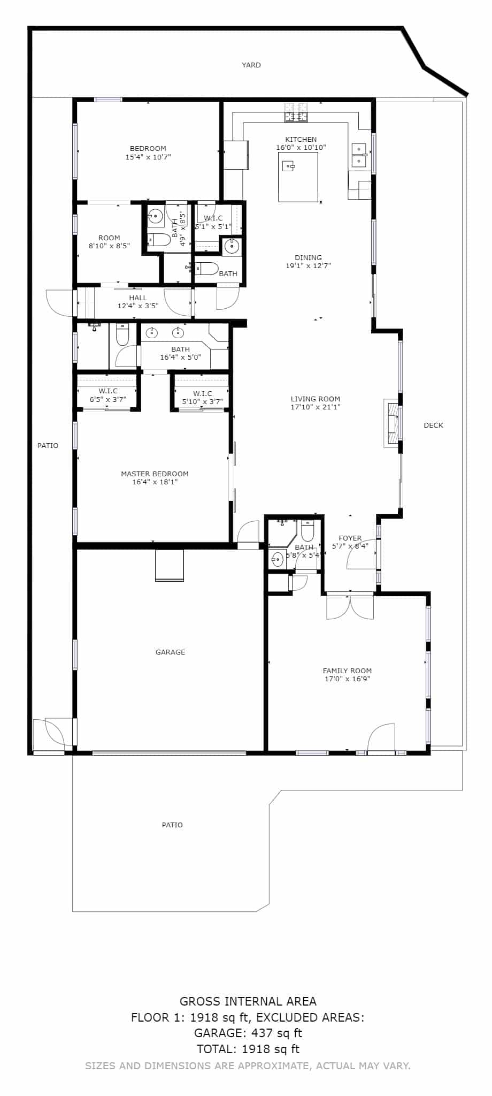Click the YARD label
click(251, 65)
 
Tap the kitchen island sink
click(289, 166)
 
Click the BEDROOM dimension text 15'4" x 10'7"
click(148, 157)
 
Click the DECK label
click(433, 425)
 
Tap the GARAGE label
click(170, 652)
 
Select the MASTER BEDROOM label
click(155, 474)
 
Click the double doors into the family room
click(350, 606)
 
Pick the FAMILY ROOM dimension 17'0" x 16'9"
click(348, 679)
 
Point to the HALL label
click(138, 298)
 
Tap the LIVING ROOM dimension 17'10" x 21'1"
click(316, 407)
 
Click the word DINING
click(308, 257)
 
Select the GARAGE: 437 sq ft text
click(248, 1033)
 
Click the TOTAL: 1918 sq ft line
click(248, 1049)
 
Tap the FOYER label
click(350, 538)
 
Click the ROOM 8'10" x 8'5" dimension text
click(109, 246)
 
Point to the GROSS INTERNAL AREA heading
click(248, 1001)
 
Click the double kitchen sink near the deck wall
click(359, 155)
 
